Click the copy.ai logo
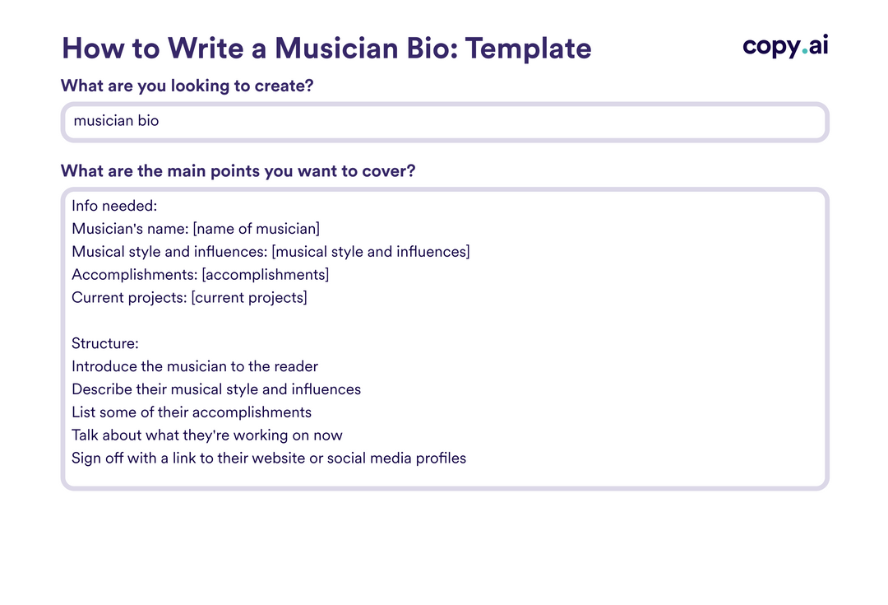tap(785, 46)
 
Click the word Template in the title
tap(529, 49)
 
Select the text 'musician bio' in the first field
tap(116, 121)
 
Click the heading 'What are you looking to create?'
tap(187, 86)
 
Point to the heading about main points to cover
tap(238, 171)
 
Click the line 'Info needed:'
tap(109, 206)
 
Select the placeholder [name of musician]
tap(257, 229)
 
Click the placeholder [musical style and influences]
tap(371, 252)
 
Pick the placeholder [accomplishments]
tap(265, 275)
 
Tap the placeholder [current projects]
tap(249, 298)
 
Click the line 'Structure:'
tap(105, 343)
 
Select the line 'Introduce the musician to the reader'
tap(195, 366)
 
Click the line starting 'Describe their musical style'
tap(216, 389)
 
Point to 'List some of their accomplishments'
tap(192, 412)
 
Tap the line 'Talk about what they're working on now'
tap(207, 435)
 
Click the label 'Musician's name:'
tap(130, 229)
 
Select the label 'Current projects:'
tap(129, 298)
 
